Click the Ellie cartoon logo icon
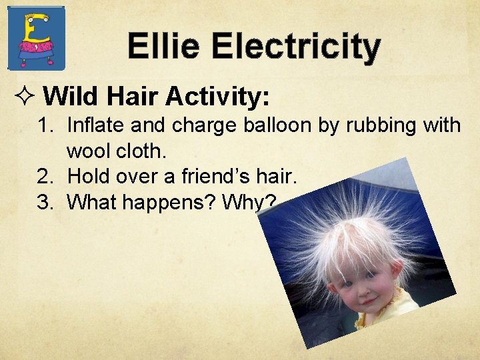(36, 38)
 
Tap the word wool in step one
(89, 151)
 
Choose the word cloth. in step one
(140, 151)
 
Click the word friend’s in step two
(222, 177)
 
